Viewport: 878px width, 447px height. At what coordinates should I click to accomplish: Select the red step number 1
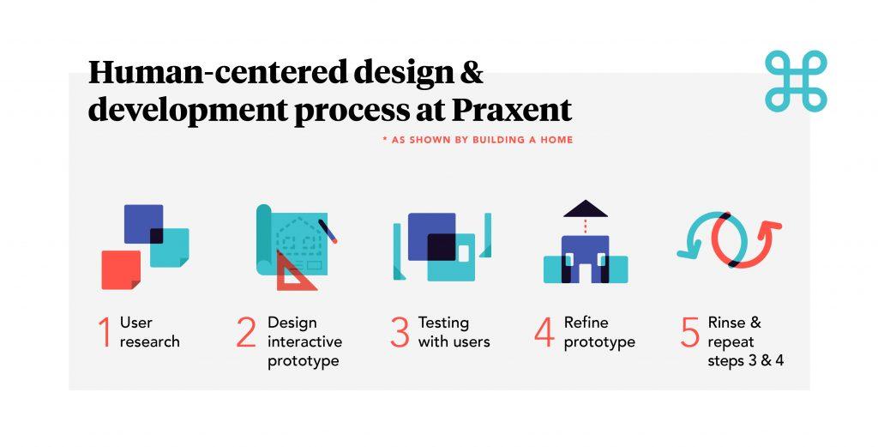coord(104,333)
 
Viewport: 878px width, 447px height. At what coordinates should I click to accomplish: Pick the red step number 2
coord(246,333)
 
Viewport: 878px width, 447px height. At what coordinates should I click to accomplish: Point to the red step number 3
coord(400,333)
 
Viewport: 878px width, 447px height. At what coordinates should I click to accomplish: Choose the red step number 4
coord(544,333)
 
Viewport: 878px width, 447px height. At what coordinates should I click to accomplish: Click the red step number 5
coord(690,333)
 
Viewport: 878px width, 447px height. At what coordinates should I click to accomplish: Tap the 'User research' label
coord(149,332)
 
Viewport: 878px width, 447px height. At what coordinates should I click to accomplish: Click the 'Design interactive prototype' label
coord(304,341)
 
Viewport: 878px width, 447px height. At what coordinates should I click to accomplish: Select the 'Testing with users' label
coord(454,332)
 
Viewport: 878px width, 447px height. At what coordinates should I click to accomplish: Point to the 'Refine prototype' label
coord(599,332)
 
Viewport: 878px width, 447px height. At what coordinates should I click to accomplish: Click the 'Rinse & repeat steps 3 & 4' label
coord(745,341)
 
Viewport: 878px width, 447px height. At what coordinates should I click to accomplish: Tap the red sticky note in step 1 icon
coord(121,269)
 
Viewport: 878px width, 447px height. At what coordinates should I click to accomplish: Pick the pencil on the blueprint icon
coord(328,231)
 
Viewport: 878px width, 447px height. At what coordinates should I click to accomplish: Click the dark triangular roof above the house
coord(585,208)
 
